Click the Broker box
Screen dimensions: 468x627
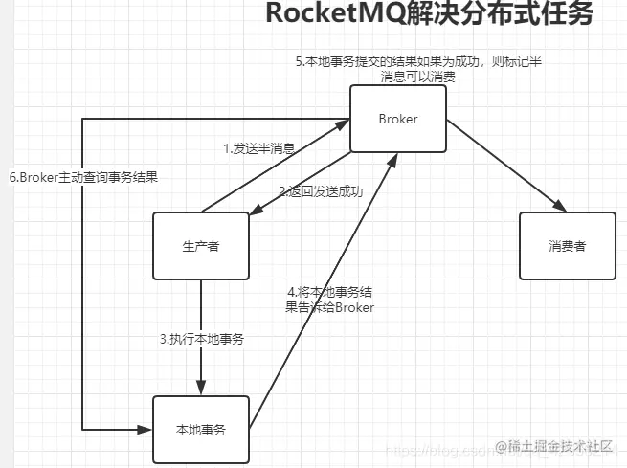397,119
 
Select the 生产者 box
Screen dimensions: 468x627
201,245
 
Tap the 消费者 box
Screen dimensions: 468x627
567,245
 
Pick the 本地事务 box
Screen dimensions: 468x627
201,429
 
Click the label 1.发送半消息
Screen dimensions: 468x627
258,148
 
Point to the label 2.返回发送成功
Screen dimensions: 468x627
321,191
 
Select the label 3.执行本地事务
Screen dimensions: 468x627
201,339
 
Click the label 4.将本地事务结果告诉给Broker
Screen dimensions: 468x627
329,300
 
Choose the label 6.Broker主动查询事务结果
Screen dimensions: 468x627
83,176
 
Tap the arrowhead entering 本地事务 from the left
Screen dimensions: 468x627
146,429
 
